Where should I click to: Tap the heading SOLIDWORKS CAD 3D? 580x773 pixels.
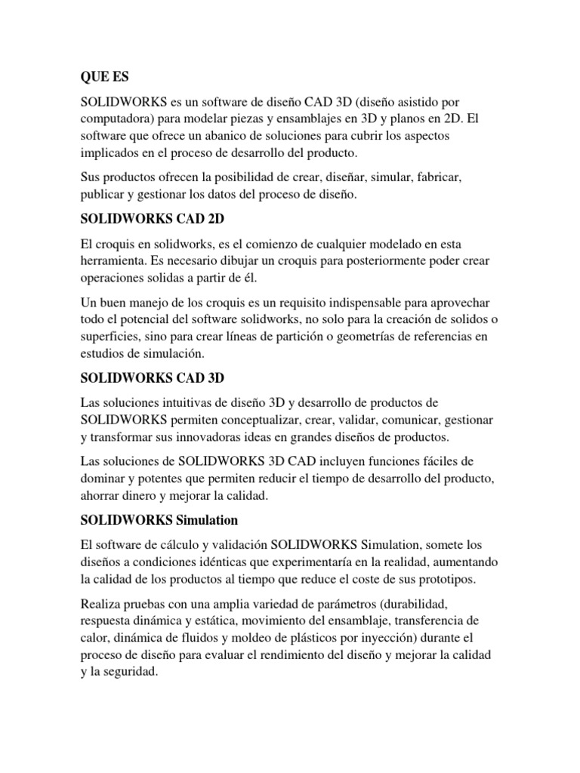[153, 377]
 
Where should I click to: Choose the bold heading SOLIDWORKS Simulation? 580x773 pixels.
[159, 520]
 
